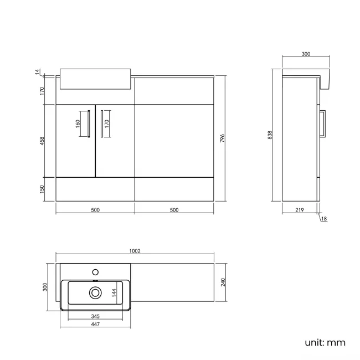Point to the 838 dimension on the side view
[x=270, y=135]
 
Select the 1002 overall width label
[x=135, y=251]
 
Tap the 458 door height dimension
[x=42, y=141]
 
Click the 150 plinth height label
[x=42, y=189]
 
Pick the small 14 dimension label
[x=38, y=72]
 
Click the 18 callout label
[x=324, y=219]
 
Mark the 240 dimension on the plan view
[x=223, y=282]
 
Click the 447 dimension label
[x=95, y=325]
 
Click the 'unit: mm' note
[x=325, y=342]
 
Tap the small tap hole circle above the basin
[x=95, y=272]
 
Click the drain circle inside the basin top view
[x=95, y=292]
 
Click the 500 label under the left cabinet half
[x=95, y=210]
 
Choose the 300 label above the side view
[x=306, y=54]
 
